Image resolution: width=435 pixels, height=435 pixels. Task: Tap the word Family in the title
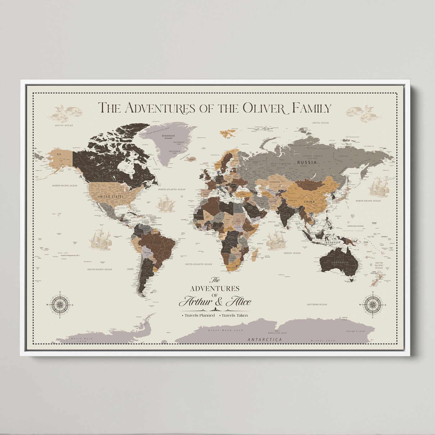coord(312,108)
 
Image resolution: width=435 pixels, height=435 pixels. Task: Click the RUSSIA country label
coord(307,162)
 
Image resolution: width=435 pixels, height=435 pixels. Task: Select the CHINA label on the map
coord(309,202)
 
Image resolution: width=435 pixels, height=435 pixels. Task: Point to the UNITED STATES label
coord(110,197)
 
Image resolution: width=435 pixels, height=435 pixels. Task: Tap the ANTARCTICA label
coord(265,340)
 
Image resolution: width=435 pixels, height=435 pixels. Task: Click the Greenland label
coord(168,136)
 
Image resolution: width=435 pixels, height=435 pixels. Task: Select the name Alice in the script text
coord(239,302)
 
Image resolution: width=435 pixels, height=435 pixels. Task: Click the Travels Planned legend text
coord(199,315)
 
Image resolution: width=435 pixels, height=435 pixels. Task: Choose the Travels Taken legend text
coord(235,315)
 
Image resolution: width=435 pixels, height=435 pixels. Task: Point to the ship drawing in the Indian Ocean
coord(276,240)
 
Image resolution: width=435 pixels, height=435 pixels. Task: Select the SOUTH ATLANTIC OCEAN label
coord(199,264)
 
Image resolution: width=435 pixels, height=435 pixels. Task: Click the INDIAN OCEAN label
coord(292,253)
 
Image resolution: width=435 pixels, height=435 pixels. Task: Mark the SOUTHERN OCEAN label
coord(317,304)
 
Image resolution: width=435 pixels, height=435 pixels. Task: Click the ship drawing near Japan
coord(379,187)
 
